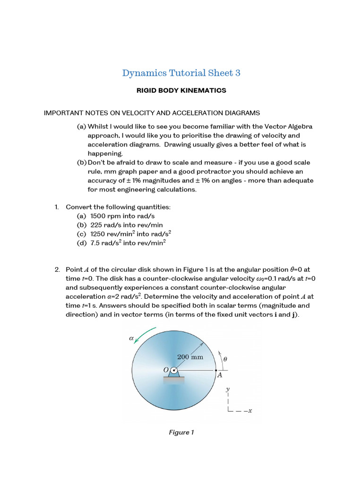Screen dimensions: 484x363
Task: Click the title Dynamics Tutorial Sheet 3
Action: coord(181,73)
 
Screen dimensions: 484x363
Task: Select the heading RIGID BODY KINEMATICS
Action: coord(181,90)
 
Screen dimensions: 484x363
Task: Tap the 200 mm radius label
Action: coord(190,357)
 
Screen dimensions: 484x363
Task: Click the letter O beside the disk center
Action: coord(166,370)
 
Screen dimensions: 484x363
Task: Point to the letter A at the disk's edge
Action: coord(219,376)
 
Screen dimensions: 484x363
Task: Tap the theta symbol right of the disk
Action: coord(225,359)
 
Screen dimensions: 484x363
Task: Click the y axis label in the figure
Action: coord(228,389)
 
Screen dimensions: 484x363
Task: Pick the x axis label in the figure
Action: coord(250,410)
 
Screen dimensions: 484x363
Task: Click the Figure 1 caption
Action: coord(181,432)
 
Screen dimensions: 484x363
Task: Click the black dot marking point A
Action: coord(216,370)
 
